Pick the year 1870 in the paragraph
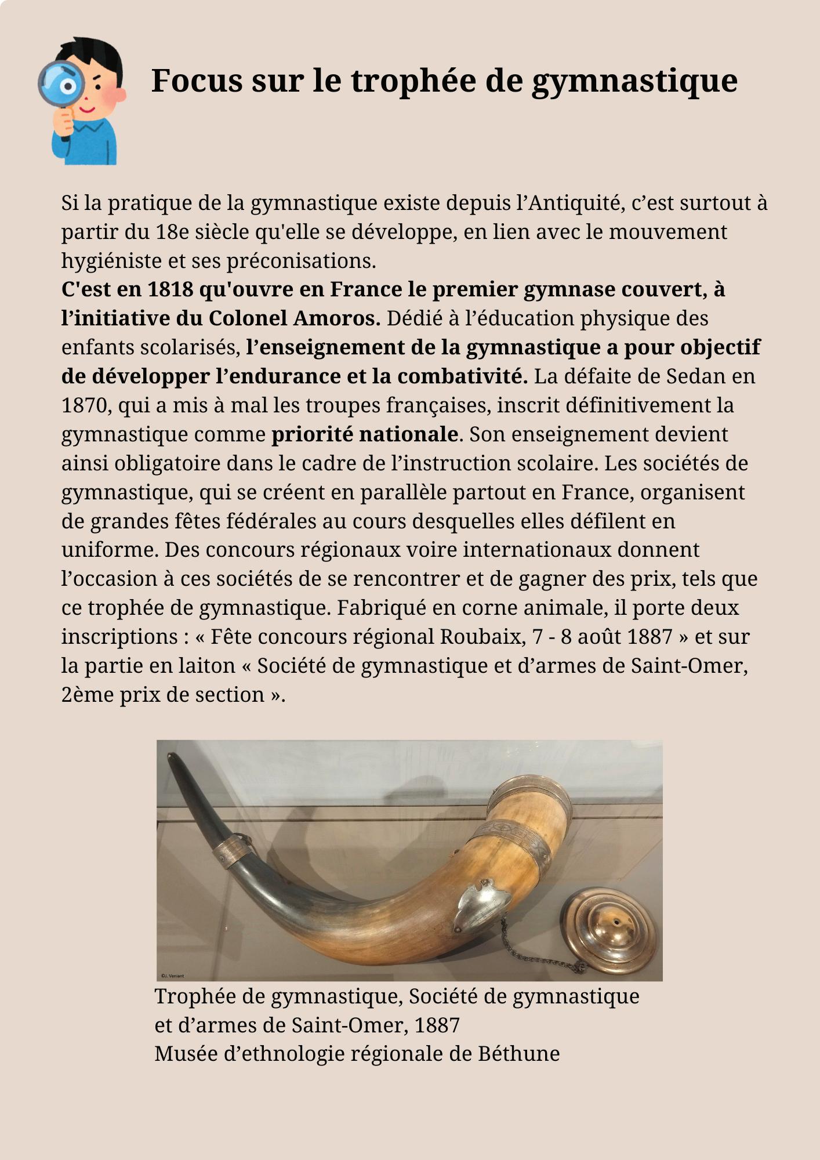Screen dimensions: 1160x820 [86, 405]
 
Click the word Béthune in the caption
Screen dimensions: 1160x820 [519, 1053]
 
